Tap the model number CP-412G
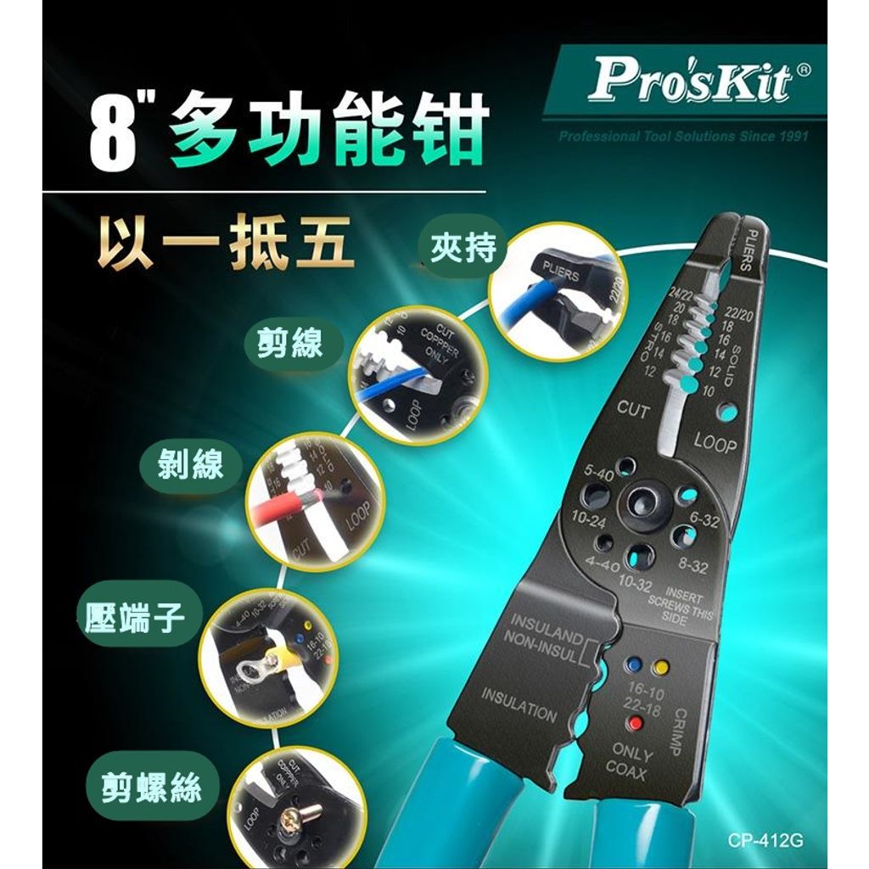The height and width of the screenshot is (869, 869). point(765,841)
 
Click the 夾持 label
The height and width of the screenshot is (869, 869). point(462,249)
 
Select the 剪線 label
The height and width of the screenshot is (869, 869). point(291,343)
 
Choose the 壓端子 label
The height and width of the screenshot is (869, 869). point(136,619)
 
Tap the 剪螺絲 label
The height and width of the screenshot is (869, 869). point(151,788)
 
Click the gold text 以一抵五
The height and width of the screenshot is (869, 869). point(224,243)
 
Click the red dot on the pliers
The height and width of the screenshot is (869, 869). point(633,724)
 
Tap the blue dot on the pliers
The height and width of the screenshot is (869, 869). point(633,664)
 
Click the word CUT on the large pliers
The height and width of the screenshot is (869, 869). point(632,410)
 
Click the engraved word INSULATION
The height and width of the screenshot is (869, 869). point(519,704)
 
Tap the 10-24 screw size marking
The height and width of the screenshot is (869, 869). point(588,519)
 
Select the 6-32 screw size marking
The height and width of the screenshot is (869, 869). point(704,519)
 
